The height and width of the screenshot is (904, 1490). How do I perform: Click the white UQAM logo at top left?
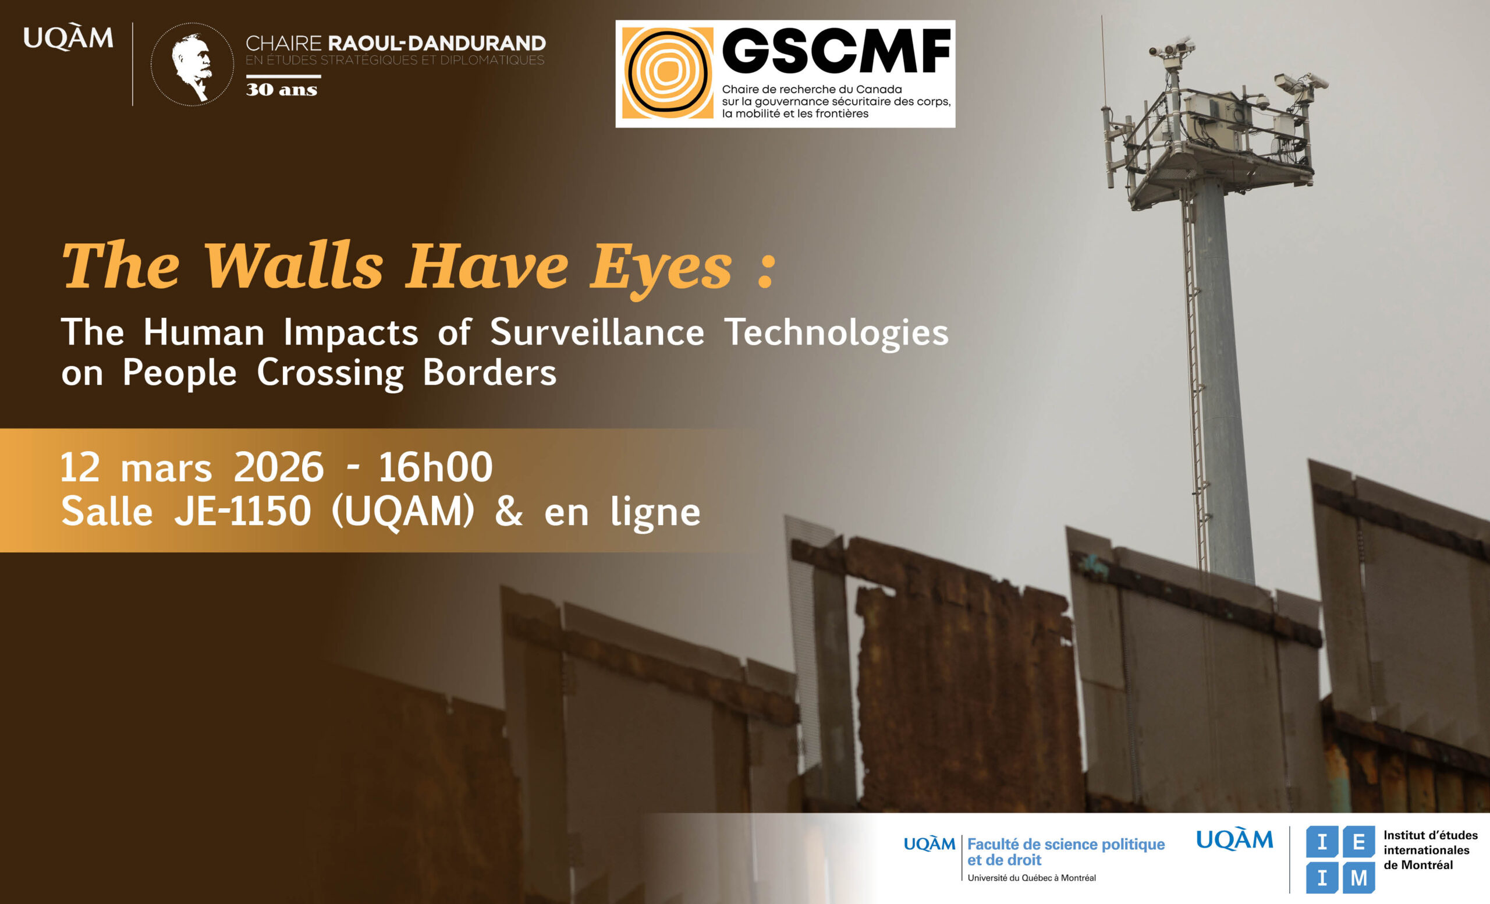click(68, 37)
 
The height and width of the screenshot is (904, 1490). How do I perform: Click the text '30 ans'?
click(281, 90)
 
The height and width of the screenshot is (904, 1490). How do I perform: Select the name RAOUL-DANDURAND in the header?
click(437, 43)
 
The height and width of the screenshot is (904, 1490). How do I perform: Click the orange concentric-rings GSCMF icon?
click(667, 73)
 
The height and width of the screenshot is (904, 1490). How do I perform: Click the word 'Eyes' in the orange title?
click(661, 268)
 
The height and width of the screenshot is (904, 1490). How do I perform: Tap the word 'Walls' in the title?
click(294, 266)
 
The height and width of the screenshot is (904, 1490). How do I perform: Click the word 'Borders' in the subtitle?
click(489, 372)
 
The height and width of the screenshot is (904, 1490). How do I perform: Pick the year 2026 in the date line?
click(279, 467)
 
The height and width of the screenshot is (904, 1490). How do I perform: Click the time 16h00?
click(435, 467)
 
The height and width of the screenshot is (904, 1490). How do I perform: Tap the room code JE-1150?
click(243, 512)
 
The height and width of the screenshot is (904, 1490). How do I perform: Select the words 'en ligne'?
click(622, 513)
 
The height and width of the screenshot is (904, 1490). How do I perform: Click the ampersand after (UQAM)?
click(509, 512)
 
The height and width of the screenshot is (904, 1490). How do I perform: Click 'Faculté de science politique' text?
click(1066, 844)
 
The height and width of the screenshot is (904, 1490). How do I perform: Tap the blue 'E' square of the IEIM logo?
click(1359, 842)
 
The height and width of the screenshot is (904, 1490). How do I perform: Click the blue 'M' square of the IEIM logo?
click(1359, 877)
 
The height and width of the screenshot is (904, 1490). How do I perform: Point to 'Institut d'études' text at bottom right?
click(1430, 835)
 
